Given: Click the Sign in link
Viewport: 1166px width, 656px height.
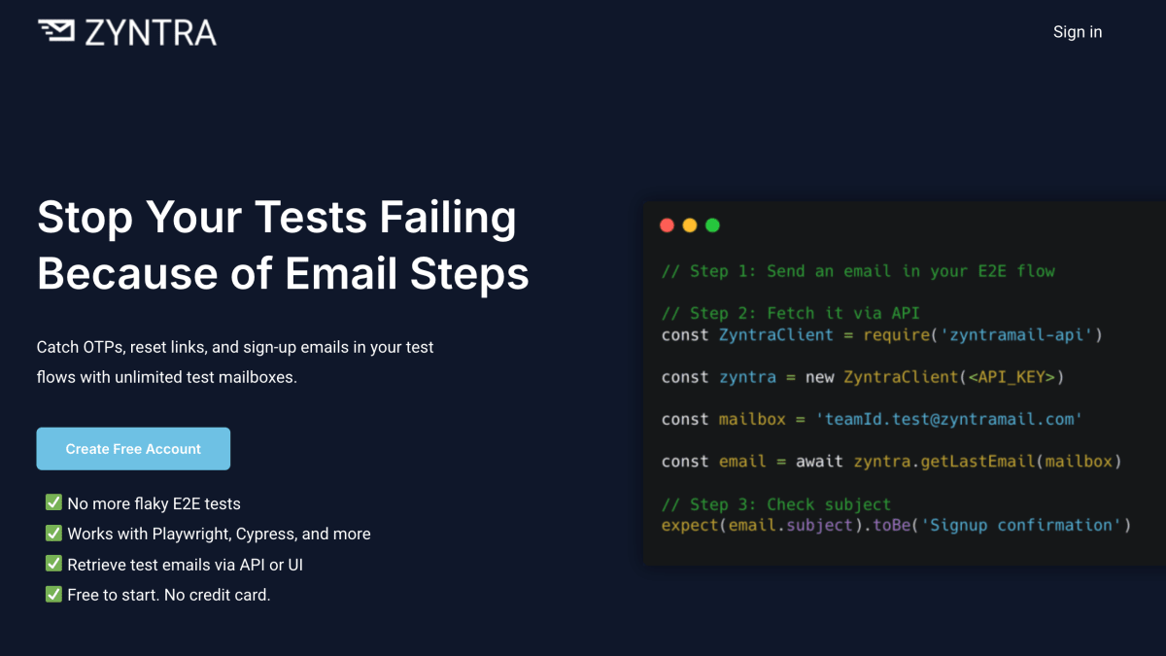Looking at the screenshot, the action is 1078,32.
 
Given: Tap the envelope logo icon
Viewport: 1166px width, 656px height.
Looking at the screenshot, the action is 56,31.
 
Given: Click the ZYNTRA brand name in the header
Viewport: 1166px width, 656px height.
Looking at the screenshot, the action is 151,33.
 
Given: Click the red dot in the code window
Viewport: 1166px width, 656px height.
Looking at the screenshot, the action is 667,224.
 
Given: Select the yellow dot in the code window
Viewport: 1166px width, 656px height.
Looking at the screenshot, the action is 690,224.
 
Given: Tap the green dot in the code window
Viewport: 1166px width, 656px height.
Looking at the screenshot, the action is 712,224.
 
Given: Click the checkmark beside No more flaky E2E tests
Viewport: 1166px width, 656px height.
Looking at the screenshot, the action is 53,502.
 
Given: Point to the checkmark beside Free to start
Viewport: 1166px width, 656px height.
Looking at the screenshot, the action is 53,594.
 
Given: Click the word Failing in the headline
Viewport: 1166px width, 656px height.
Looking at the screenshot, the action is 448,219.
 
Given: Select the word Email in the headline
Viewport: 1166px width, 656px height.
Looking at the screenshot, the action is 341,273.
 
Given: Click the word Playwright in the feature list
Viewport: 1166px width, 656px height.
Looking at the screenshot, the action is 191,535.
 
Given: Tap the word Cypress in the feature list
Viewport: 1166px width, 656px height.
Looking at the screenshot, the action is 266,535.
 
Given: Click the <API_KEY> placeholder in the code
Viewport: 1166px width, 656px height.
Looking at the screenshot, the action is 1012,377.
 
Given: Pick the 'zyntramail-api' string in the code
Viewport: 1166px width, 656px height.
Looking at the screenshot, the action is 1016,334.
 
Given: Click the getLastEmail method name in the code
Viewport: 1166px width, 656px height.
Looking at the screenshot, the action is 977,462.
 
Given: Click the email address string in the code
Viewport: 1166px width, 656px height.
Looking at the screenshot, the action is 949,419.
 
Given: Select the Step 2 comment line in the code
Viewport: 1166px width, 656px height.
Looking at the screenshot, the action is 791,313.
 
